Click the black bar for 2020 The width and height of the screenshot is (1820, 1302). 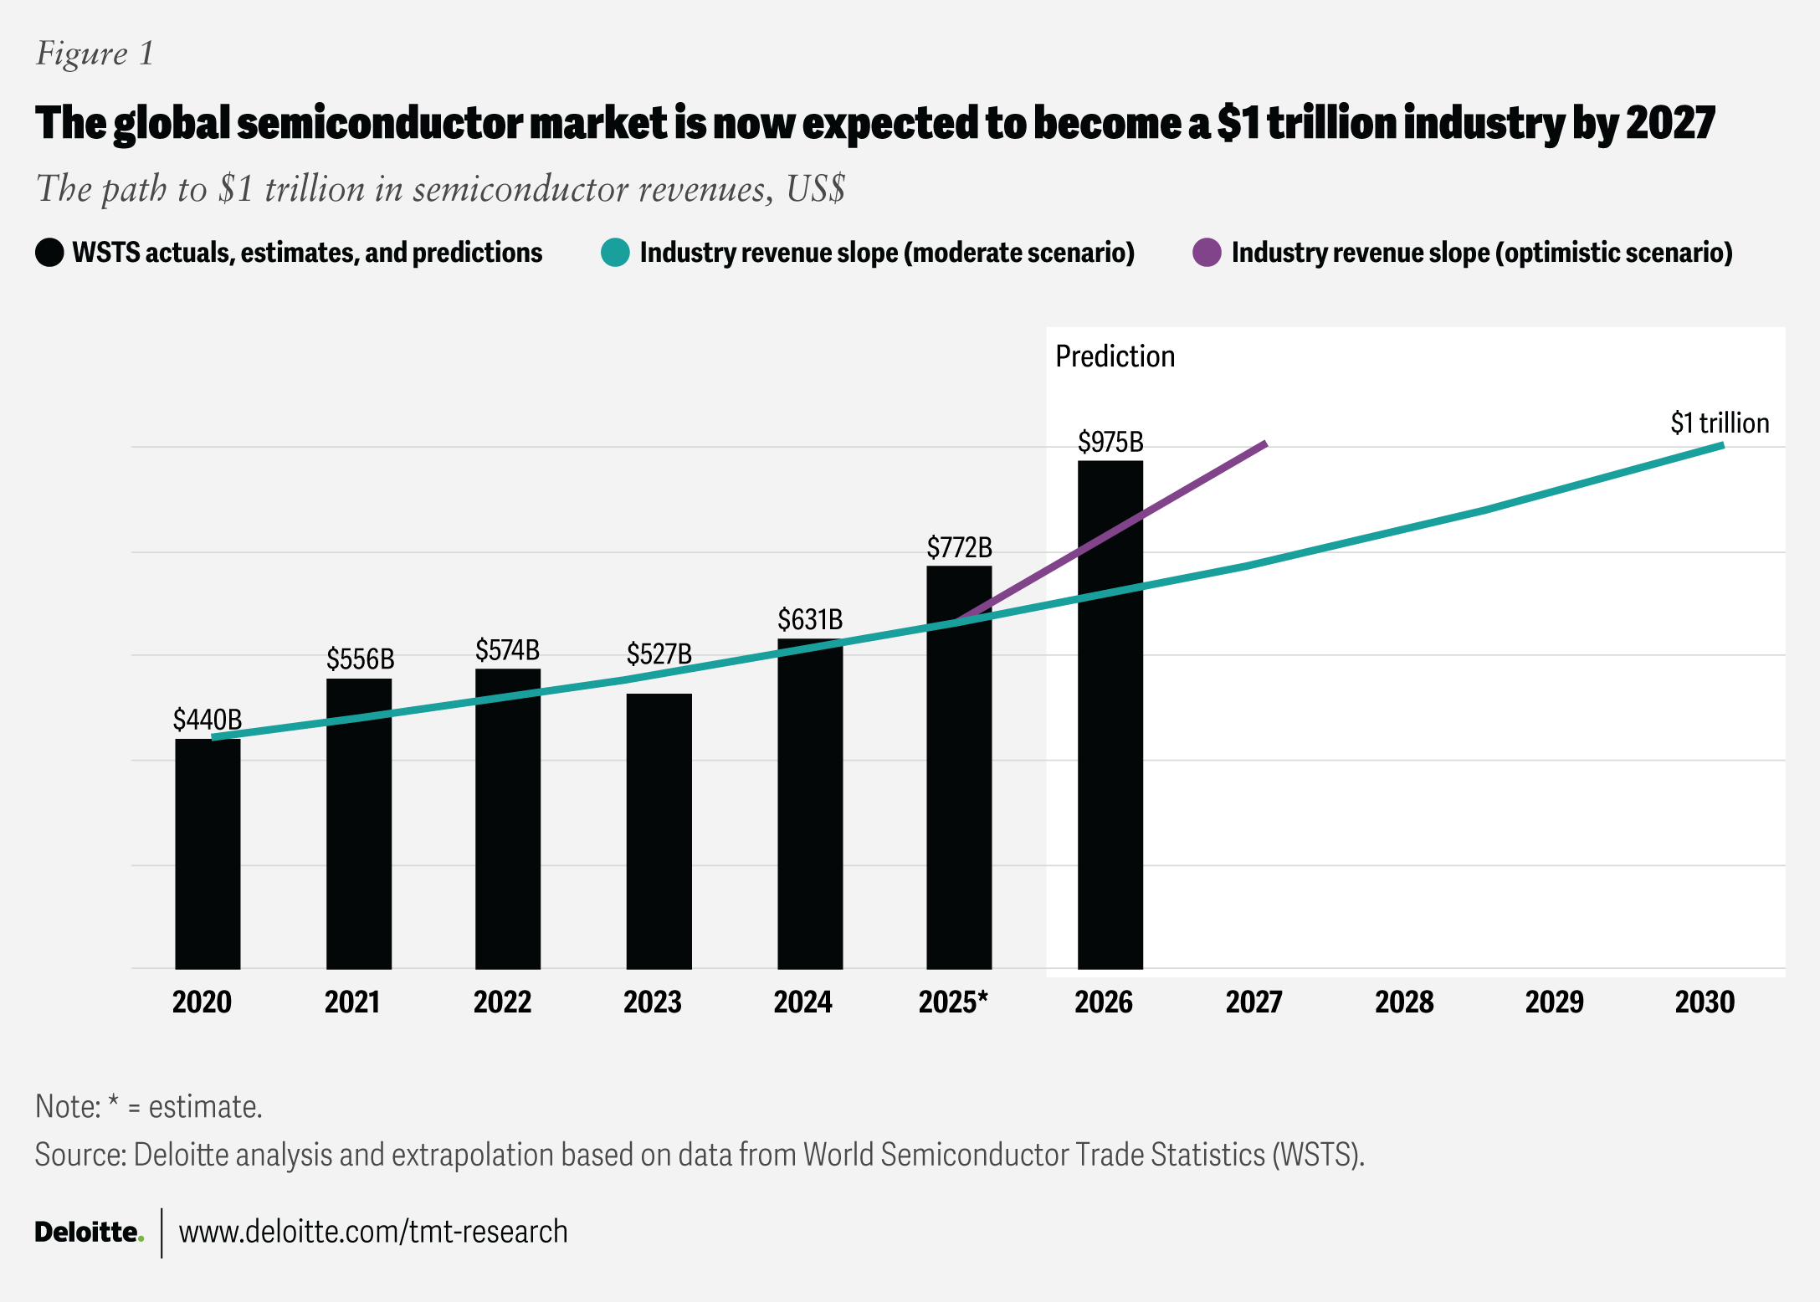point(208,853)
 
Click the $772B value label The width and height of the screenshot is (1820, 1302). point(959,548)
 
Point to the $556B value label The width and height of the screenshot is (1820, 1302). point(360,659)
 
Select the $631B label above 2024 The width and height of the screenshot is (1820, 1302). point(809,620)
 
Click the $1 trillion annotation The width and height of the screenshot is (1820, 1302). point(1720,423)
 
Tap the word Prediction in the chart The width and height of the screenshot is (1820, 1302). point(1115,356)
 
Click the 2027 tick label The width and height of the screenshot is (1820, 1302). point(1253,1002)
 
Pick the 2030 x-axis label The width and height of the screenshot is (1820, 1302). point(1705,1002)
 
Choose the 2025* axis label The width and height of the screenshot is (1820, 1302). point(953,1002)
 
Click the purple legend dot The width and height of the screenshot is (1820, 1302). point(1207,253)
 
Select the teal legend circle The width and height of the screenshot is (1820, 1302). point(615,253)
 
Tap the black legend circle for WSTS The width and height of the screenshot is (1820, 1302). point(49,253)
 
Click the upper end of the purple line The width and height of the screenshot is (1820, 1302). point(1264,444)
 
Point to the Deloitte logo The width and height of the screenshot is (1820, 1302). point(89,1232)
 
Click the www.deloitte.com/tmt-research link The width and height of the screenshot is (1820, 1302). point(373,1232)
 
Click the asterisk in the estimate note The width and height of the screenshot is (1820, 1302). point(113,1103)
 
